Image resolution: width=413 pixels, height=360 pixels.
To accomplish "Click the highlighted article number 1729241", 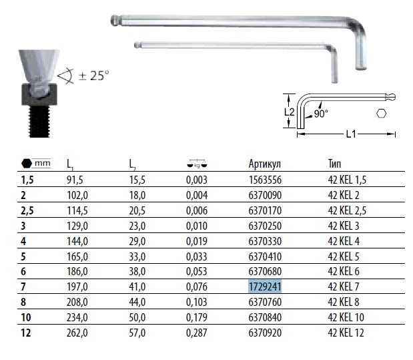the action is click(265, 287).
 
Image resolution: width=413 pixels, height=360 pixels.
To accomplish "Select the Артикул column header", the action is click(265, 164).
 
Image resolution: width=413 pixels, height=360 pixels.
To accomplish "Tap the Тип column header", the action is click(334, 164).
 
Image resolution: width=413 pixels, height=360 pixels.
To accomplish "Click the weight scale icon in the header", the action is click(197, 164).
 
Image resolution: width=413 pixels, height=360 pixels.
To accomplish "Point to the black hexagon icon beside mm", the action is click(27, 164).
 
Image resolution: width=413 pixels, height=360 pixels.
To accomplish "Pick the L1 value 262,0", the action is click(77, 333).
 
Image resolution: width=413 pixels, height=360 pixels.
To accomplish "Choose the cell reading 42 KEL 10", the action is click(346, 317).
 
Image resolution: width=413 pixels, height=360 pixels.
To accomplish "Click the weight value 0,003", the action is click(197, 180).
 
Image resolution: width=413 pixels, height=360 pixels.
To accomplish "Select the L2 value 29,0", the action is click(137, 241).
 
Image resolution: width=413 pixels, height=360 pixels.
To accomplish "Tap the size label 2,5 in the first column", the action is click(27, 211).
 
